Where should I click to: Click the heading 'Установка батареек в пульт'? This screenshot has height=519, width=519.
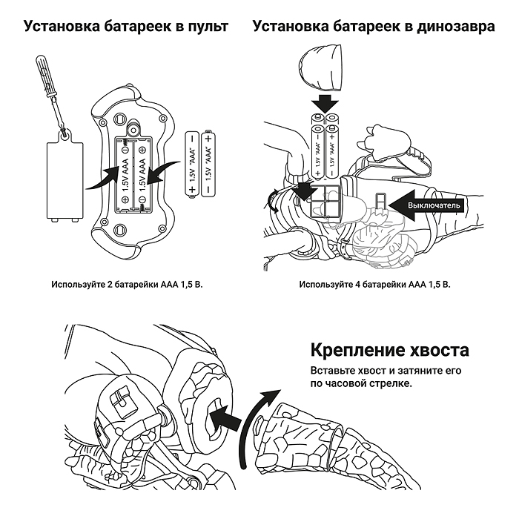pos(125,27)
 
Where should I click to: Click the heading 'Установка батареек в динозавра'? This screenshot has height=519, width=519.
pos(374,27)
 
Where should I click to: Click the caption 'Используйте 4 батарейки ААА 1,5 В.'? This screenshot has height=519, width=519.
pos(374,284)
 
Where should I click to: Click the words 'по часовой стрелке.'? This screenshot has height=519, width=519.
pos(355,386)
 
